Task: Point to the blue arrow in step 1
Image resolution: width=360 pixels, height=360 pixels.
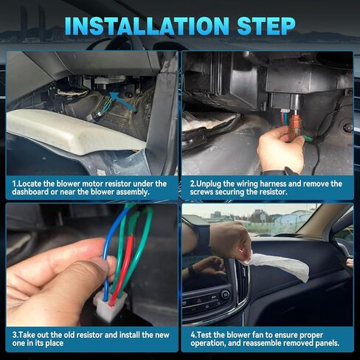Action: (x=122, y=104)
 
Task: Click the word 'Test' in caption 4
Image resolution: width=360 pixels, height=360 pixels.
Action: (x=204, y=334)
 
